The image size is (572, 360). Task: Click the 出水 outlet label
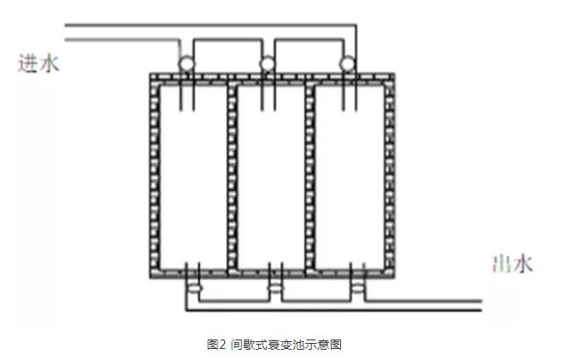512,264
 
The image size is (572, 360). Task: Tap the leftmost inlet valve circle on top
185,62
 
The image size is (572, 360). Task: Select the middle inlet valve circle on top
267,62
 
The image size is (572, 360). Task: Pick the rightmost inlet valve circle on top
347,62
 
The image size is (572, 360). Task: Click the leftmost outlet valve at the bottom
194,289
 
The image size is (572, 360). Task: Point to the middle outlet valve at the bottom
274,289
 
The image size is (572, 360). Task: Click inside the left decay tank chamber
193,179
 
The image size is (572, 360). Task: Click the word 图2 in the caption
216,345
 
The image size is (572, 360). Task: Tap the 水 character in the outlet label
523,264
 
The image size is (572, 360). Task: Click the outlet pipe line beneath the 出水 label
443,301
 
